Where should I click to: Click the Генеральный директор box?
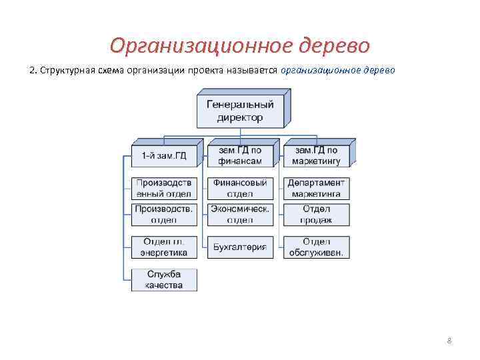(239, 111)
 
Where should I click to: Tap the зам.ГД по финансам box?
(239, 155)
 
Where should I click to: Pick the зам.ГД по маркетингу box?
(316, 155)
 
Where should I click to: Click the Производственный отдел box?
(164, 189)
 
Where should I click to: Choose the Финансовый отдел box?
(240, 189)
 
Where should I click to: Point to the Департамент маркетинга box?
(316, 189)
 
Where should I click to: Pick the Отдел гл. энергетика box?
(164, 247)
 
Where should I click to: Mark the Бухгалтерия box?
(240, 247)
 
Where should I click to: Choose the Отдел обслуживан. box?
(316, 247)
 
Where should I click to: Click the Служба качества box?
(164, 279)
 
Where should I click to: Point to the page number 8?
(449, 341)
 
